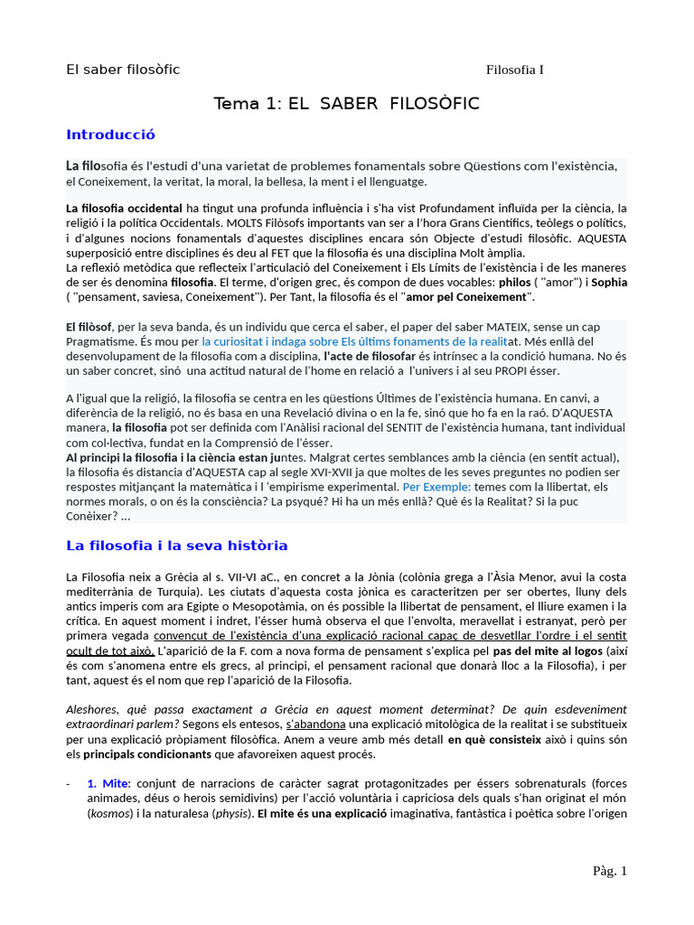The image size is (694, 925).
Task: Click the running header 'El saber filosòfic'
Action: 123,70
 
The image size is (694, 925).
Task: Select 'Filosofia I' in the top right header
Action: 514,70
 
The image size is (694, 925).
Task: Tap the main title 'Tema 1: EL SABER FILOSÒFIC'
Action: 346,104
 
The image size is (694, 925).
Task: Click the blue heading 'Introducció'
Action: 110,135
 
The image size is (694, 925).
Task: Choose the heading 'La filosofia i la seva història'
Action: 177,546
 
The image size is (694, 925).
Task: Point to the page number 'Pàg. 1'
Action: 609,871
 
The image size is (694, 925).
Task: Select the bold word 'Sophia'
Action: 609,282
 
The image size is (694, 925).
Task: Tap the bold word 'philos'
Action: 515,282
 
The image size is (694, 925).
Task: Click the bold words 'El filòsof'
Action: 89,326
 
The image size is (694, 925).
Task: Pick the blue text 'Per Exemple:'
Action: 436,486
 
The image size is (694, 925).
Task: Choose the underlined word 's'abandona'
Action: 317,724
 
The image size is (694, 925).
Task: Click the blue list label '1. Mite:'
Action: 109,783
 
